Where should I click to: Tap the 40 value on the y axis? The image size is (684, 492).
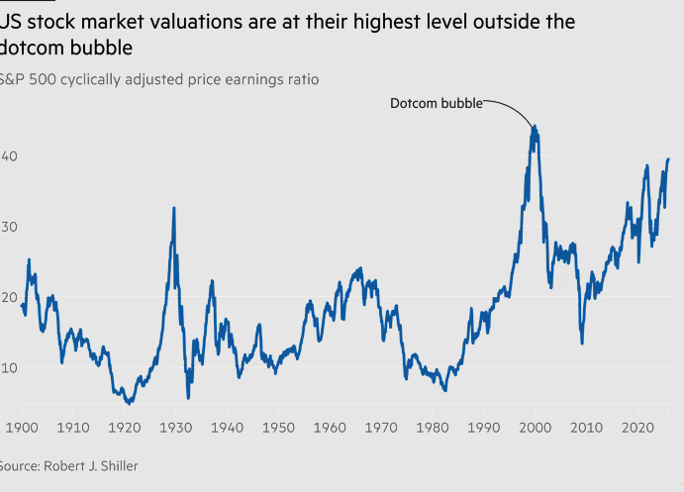8,155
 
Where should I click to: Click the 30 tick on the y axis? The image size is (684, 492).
8,227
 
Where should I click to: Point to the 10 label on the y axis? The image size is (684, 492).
8,367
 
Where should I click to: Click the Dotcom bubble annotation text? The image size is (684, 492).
435,103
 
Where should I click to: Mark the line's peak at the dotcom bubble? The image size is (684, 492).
535,126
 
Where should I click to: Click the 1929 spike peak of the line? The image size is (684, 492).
174,208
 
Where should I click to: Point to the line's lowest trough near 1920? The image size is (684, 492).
129,403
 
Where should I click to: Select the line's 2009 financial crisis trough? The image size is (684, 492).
582,343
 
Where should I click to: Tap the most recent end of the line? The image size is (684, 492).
668,158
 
